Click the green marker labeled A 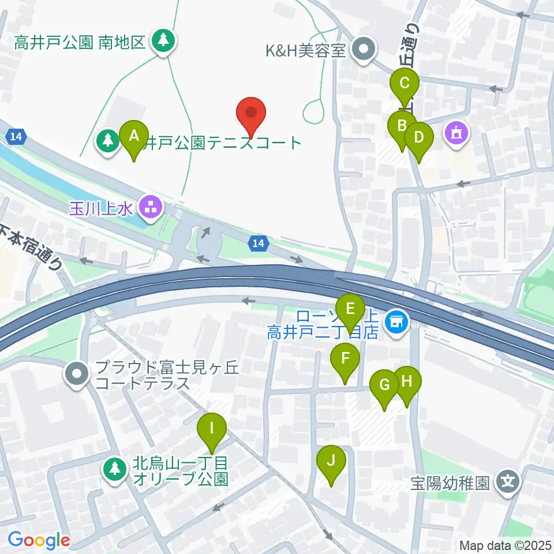tap(134, 137)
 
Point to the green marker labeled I tap(212, 429)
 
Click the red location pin tap(252, 114)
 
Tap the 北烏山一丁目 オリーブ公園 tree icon tap(115, 468)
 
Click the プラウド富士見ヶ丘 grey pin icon tap(77, 374)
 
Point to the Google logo tap(39, 540)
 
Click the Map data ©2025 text tap(505, 545)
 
